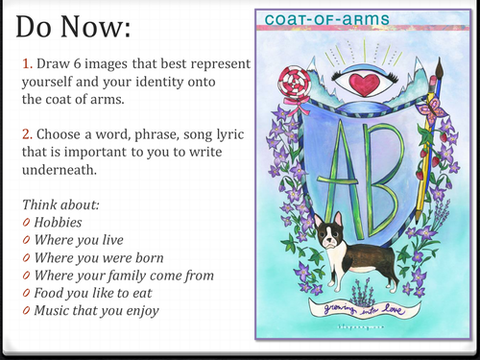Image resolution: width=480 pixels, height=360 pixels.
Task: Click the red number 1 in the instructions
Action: click(25, 63)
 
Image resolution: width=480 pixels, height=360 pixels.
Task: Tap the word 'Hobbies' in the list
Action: click(61, 220)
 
